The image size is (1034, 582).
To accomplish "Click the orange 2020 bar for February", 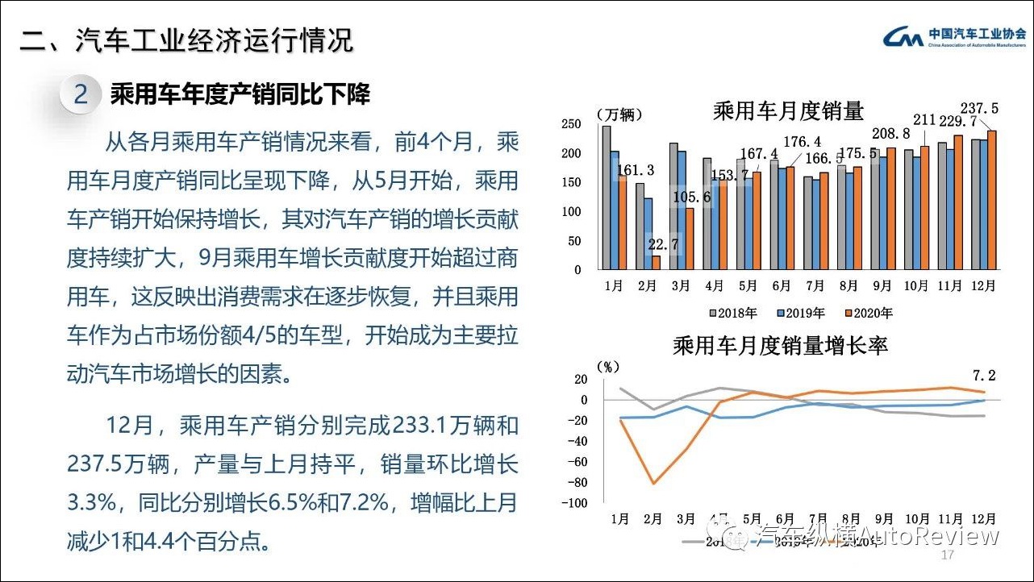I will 656,263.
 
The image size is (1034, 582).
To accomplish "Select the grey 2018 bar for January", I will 607,197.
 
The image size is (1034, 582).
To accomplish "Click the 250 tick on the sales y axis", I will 572,124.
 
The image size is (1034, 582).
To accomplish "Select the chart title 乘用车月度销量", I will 788,111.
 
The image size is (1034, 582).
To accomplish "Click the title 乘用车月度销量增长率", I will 780,346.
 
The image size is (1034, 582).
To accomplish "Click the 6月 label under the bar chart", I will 781,286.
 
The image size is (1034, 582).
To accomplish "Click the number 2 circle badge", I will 81,94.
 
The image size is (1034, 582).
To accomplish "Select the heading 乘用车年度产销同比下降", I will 240,94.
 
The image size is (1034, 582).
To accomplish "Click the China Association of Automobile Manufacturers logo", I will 954,37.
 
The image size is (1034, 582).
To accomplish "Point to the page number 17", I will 948,556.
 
